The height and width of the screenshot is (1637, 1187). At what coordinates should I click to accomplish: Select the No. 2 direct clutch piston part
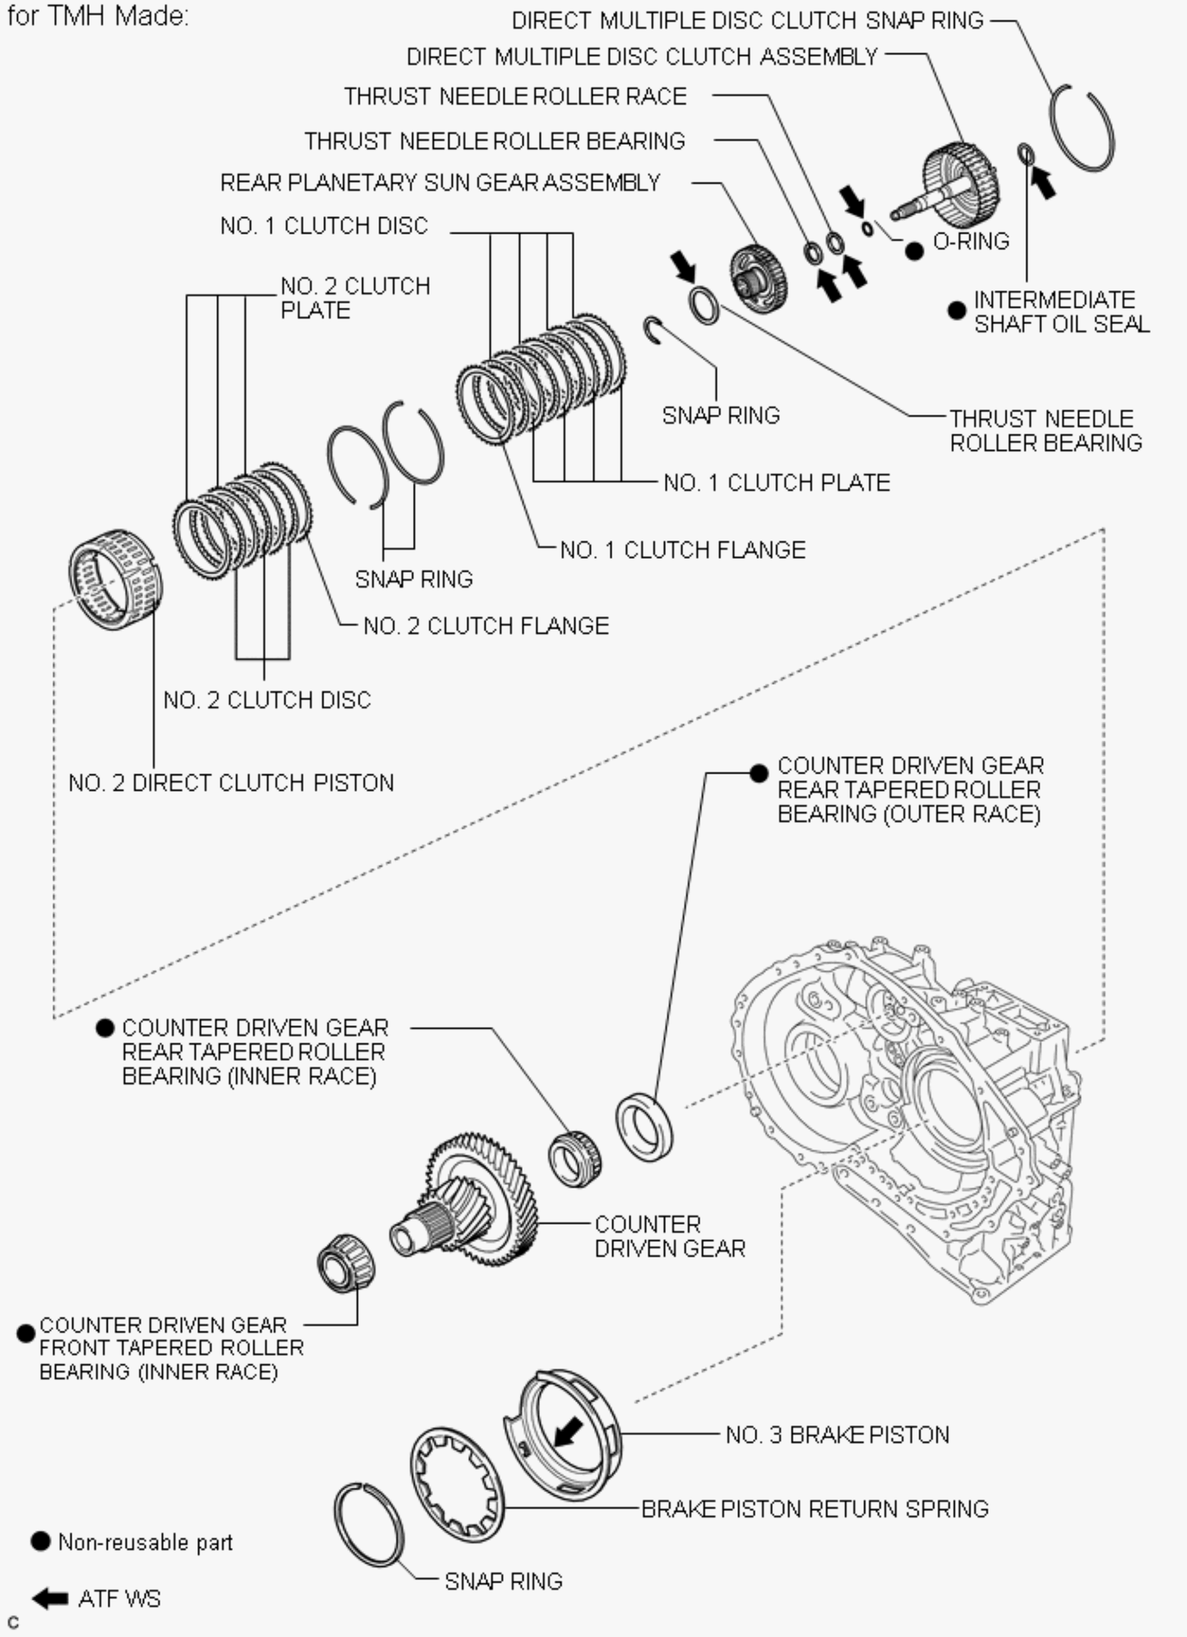115,579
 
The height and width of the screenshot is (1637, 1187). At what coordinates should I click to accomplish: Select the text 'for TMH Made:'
98,15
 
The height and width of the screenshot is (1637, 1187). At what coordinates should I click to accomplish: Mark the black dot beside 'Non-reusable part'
41,1541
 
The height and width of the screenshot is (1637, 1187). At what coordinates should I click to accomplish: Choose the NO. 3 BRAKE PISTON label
838,1434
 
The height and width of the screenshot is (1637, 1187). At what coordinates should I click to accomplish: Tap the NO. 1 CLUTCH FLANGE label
683,549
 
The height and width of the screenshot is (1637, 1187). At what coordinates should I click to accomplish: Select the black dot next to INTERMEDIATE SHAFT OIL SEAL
957,310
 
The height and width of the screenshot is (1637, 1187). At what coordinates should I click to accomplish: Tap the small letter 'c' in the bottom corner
13,1623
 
